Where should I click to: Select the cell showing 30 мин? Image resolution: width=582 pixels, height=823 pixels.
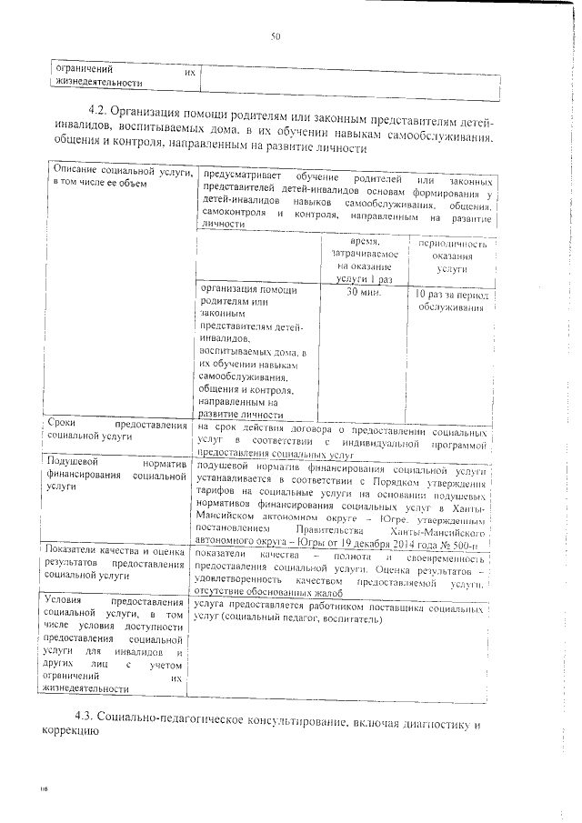pos(363,296)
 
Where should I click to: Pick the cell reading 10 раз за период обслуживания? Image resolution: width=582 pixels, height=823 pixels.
pos(450,302)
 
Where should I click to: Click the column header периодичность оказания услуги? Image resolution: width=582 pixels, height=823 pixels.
pos(450,257)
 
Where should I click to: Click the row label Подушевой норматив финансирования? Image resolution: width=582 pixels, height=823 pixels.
pos(120,474)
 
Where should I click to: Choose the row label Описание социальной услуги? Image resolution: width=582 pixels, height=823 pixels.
pos(120,178)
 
